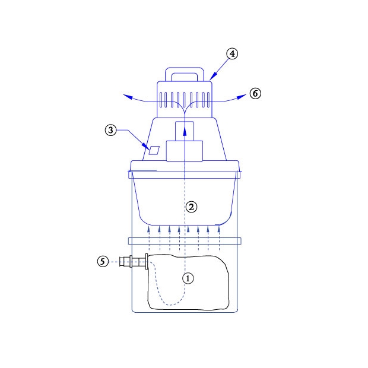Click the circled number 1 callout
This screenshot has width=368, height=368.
(x=188, y=278)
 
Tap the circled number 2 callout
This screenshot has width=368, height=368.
(x=191, y=207)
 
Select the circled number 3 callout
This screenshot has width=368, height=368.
(x=111, y=130)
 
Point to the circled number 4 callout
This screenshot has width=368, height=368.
(x=232, y=54)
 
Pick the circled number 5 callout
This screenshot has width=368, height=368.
(x=103, y=261)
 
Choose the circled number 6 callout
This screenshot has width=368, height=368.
(x=255, y=93)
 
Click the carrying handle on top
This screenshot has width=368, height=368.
(x=185, y=74)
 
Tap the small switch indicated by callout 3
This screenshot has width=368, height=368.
(x=154, y=150)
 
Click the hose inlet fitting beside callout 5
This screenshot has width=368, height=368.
(x=134, y=261)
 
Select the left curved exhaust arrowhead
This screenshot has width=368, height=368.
(x=127, y=97)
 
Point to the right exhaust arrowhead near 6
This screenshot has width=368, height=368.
(x=242, y=96)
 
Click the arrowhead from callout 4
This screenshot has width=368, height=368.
(x=212, y=77)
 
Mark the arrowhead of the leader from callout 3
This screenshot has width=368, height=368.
(x=147, y=147)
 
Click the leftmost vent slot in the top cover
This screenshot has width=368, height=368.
(x=161, y=100)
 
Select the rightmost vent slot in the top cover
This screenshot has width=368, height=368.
(x=208, y=100)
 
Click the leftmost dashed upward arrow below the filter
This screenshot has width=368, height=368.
(x=149, y=238)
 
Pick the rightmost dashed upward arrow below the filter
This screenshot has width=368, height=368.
(x=219, y=238)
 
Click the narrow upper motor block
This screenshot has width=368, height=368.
(x=185, y=131)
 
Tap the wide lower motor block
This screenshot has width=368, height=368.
(x=185, y=151)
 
